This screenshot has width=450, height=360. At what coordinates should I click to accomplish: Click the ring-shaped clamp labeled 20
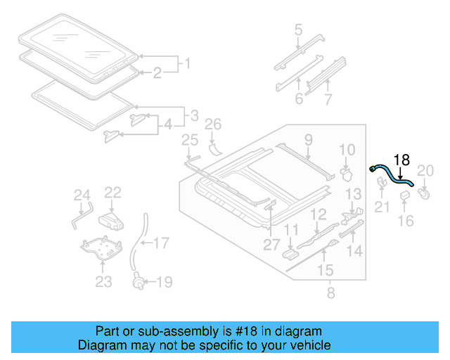(425, 191)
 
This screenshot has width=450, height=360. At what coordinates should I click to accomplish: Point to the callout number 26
(213, 125)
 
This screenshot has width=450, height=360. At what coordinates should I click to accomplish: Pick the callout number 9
(308, 141)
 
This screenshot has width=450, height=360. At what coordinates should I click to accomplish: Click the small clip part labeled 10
(345, 172)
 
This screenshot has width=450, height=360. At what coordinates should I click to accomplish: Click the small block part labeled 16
(406, 195)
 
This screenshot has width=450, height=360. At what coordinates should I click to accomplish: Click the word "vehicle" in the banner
(307, 345)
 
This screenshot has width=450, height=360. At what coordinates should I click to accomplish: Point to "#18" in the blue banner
(219, 331)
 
